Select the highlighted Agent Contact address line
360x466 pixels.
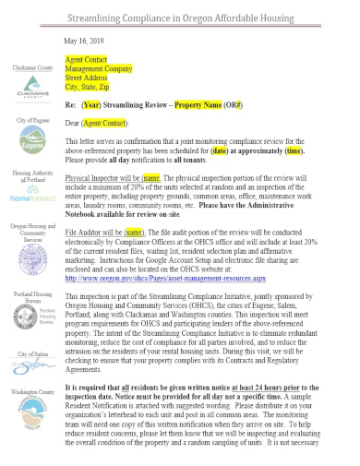89,59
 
